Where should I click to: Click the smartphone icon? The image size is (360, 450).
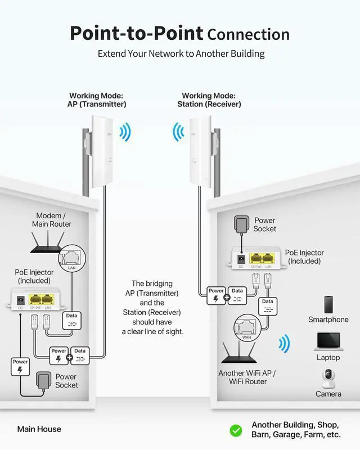point(328,304)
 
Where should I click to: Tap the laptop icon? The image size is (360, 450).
point(328,342)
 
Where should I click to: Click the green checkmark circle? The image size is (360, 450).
point(236,430)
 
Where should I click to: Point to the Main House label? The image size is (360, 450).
point(39,429)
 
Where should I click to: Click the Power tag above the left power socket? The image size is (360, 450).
point(20,366)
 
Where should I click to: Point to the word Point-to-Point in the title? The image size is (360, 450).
point(136,34)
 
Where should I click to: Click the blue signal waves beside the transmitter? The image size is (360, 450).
point(125,133)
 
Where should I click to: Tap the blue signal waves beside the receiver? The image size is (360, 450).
point(178,133)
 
